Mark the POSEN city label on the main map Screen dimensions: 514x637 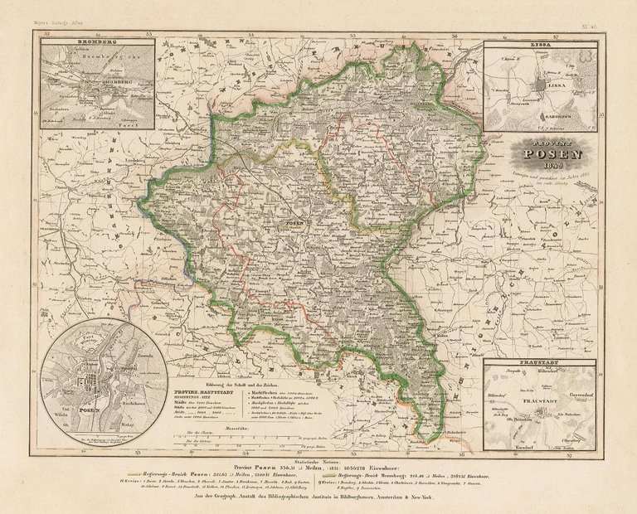[294, 223]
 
